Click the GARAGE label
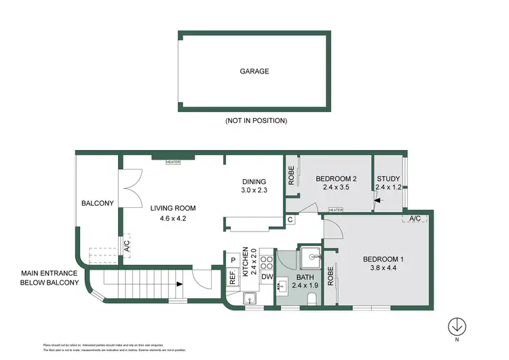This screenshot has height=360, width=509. click(x=254, y=71)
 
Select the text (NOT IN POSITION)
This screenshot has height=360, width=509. click(x=255, y=120)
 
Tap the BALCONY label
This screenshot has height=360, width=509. click(x=98, y=203)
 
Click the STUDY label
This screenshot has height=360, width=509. click(x=389, y=179)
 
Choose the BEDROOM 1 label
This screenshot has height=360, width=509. click(x=383, y=259)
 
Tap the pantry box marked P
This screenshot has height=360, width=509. click(x=232, y=259)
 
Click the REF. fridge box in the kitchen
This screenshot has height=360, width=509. click(x=232, y=277)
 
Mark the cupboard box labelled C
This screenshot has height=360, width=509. click(x=290, y=219)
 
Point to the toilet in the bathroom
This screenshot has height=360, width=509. click(x=312, y=298)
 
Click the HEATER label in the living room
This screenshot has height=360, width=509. click(x=173, y=162)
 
